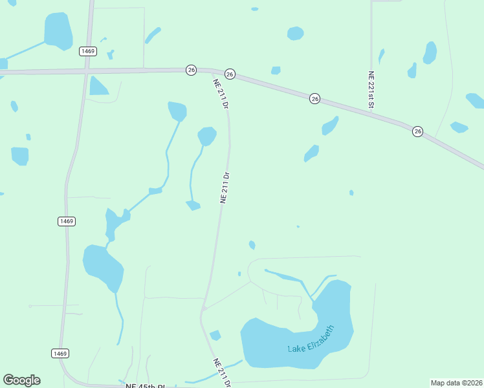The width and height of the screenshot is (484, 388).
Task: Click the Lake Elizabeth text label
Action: click(312, 339)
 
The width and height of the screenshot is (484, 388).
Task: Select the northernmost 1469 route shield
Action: click(89, 51)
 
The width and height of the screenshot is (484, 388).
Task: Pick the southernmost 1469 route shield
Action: click(60, 353)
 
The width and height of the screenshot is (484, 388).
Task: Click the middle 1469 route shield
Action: click(67, 221)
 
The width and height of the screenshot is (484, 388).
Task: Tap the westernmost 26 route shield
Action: click(191, 70)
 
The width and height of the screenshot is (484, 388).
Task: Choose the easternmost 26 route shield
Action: click(418, 131)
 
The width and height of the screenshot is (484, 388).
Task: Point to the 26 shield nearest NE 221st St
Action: click(314, 98)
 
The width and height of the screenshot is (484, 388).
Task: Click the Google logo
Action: click(21, 380)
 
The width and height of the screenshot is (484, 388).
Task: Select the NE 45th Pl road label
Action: click(146, 386)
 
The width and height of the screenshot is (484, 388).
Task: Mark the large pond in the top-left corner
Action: click(58, 30)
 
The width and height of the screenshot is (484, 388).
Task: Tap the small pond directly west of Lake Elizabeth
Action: click(215, 335)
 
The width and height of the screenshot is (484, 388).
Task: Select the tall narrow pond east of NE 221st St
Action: click(430, 53)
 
